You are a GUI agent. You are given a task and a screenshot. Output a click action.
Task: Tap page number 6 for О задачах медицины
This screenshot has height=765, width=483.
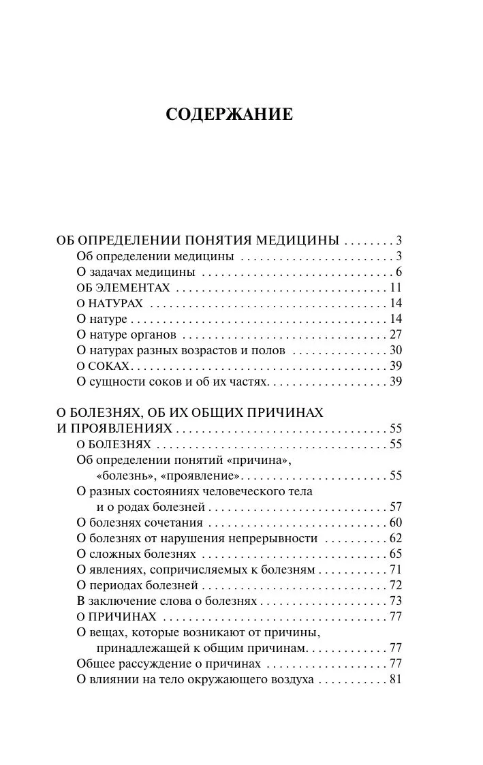(x=400, y=272)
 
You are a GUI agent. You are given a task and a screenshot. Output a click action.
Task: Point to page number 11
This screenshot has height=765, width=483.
(x=396, y=287)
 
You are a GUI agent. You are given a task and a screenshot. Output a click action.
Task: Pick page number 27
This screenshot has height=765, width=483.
(x=396, y=334)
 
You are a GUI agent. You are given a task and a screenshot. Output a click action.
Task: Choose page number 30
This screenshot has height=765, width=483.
(x=396, y=350)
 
